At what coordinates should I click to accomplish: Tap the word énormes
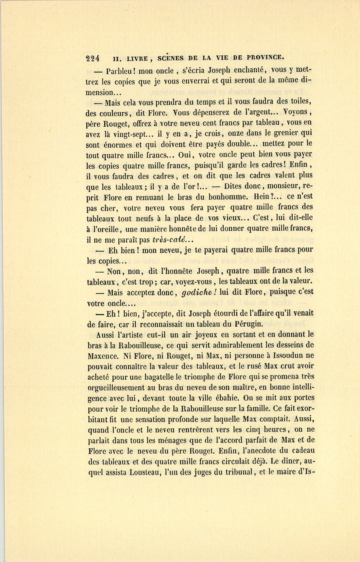click(x=120, y=145)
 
